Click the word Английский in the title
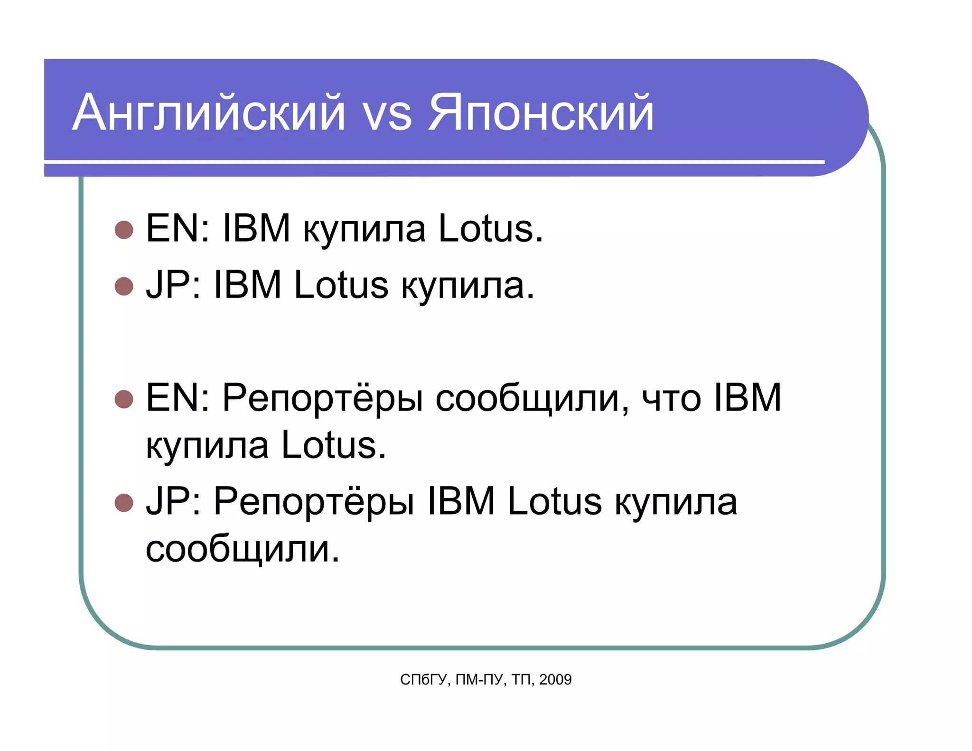[209, 113]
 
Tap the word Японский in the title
[541, 113]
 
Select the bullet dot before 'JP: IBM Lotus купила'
[124, 286]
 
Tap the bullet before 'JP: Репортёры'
[124, 503]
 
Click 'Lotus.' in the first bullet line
[490, 228]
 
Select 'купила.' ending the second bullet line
[468, 286]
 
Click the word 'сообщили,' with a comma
[532, 399]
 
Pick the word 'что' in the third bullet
[671, 399]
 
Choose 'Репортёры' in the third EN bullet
[323, 399]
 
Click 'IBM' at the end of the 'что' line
[747, 398]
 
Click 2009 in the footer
[555, 680]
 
